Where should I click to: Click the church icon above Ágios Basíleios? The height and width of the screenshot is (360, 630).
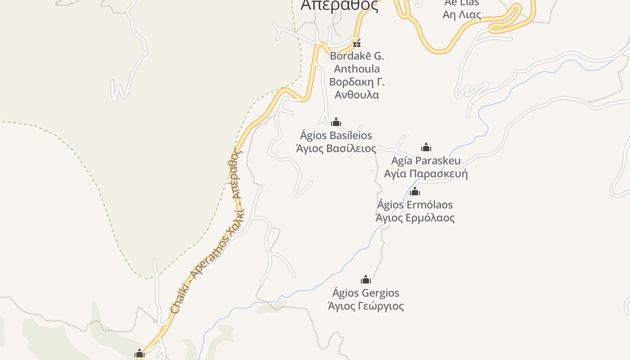tap(336, 122)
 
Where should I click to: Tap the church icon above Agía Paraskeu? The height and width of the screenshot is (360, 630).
tap(426, 147)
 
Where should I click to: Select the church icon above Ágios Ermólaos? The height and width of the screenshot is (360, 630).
tap(415, 192)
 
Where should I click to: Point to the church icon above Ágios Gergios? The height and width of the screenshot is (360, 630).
tap(366, 279)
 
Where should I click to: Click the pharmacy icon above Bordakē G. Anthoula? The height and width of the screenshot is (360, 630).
tap(357, 44)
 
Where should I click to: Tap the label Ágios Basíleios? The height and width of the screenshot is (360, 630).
tap(336, 135)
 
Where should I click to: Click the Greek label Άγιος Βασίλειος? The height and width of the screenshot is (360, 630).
tap(336, 148)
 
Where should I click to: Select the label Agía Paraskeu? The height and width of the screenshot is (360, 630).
tap(426, 161)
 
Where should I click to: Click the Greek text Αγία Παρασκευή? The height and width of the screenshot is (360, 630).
tap(426, 174)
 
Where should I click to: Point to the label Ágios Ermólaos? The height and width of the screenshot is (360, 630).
tap(415, 205)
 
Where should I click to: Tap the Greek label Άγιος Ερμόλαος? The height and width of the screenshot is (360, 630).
tap(415, 218)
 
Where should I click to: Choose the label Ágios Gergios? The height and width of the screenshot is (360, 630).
tap(366, 293)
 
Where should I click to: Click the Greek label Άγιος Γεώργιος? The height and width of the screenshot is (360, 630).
tap(366, 306)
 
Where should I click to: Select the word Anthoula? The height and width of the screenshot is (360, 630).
tap(357, 69)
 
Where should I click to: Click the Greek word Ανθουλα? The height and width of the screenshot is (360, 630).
tap(357, 95)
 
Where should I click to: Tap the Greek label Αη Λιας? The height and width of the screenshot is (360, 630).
tap(462, 15)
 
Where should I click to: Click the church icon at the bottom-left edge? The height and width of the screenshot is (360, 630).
tap(139, 354)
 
